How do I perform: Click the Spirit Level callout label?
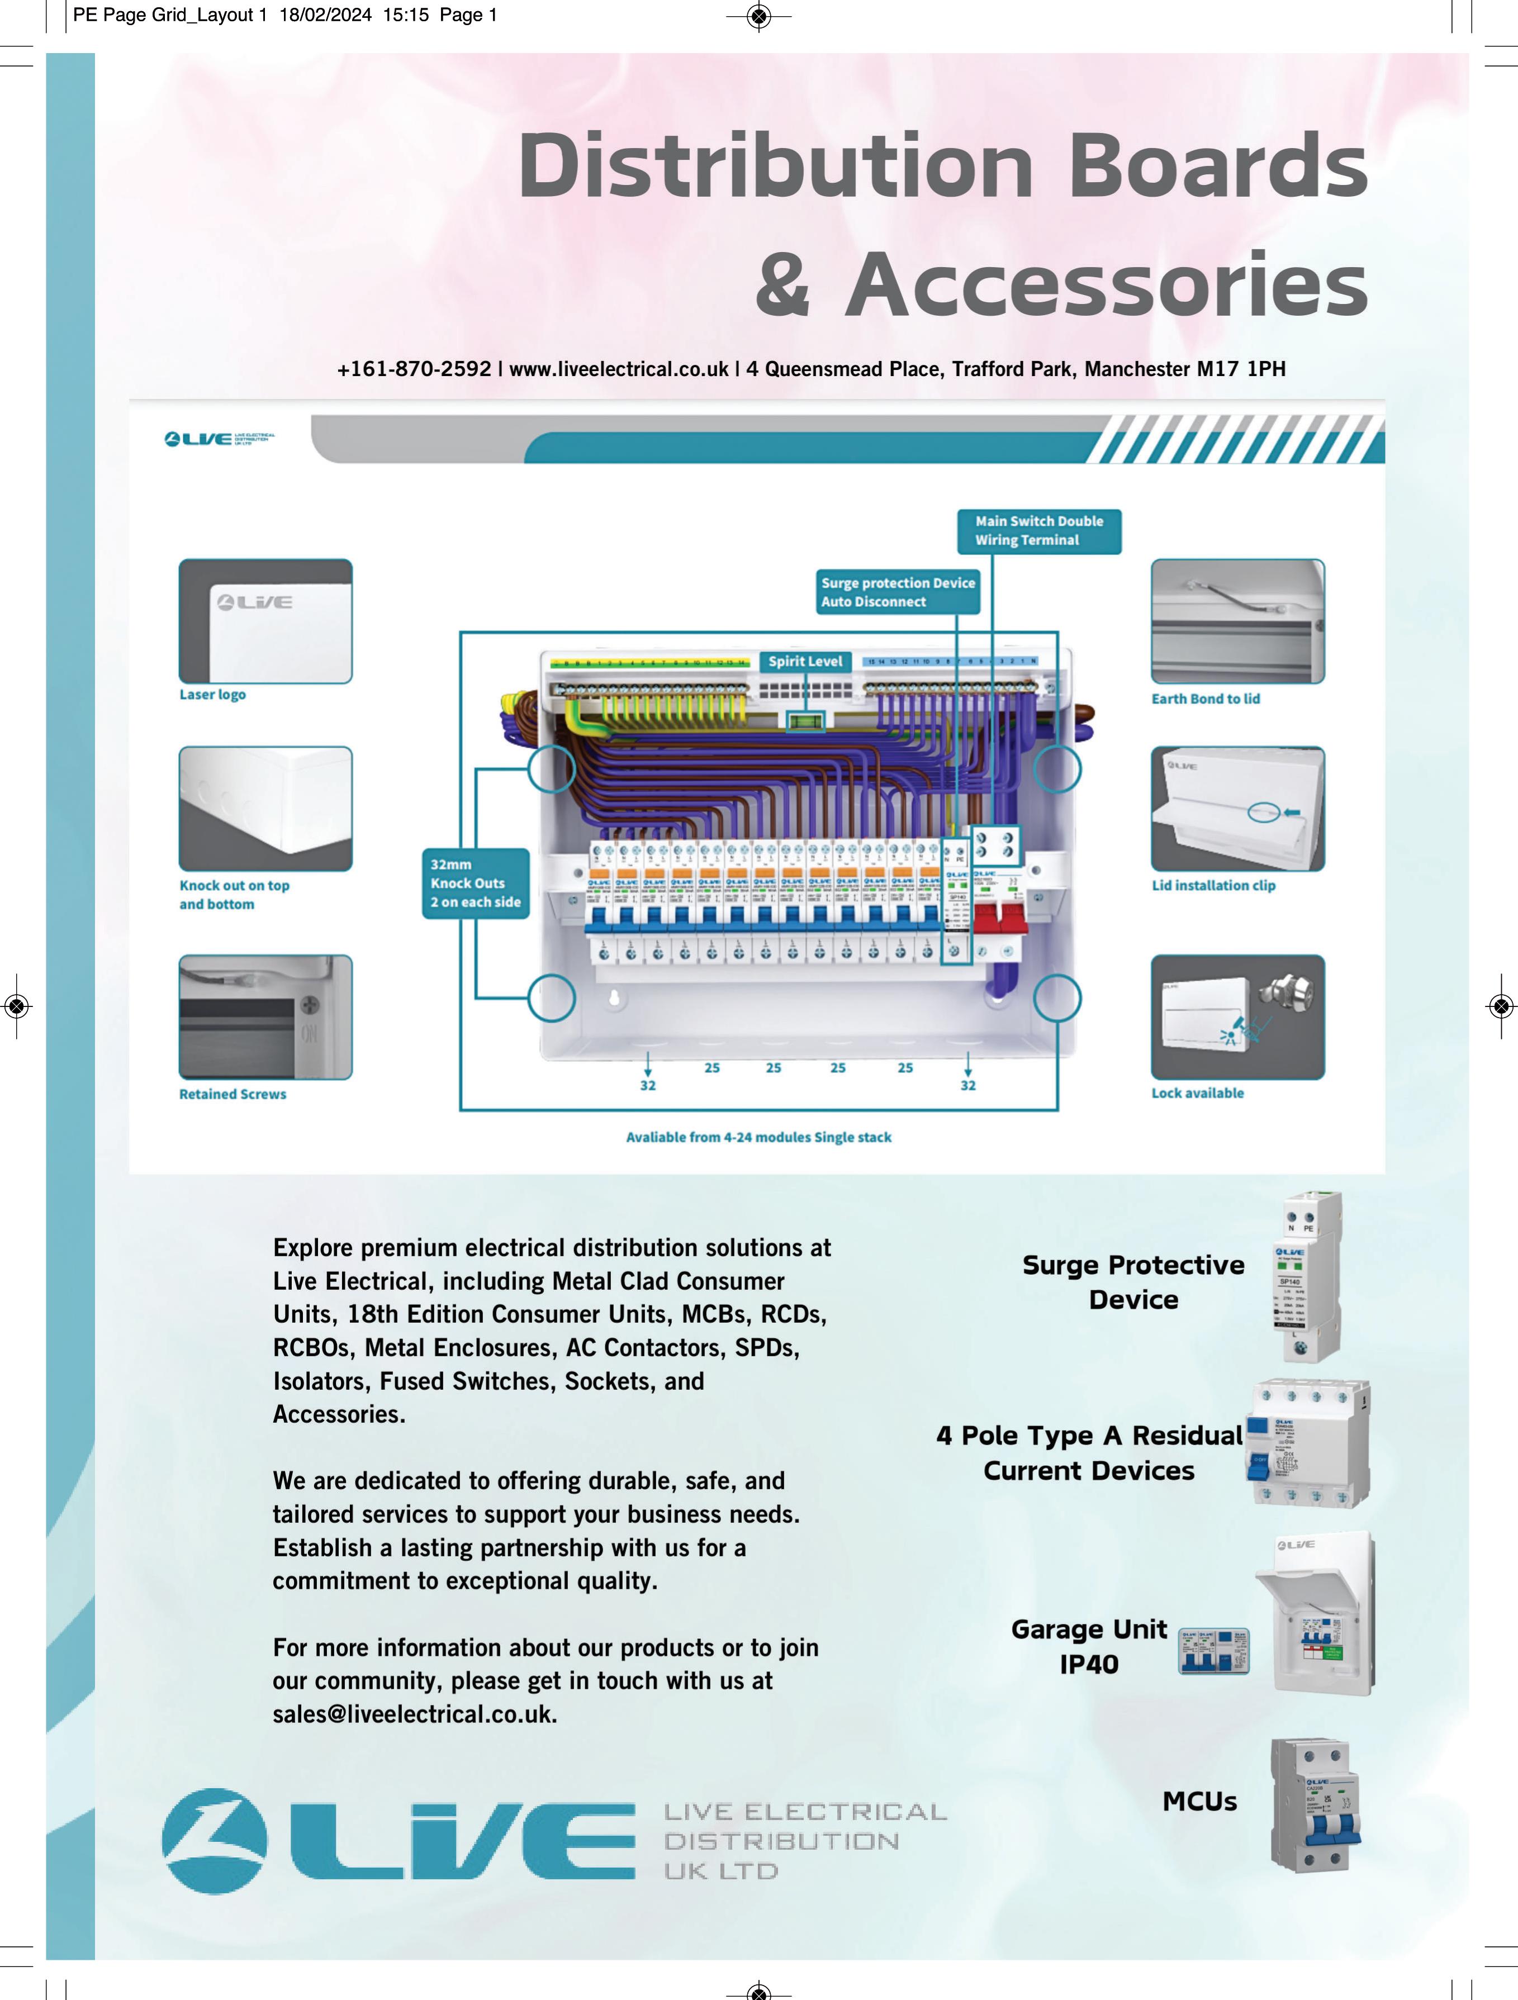(x=805, y=661)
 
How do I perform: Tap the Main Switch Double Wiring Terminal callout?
(x=1039, y=531)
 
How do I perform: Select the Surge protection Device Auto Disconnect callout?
(x=898, y=592)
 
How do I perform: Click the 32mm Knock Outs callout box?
(x=476, y=883)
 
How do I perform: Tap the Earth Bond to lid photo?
(x=1237, y=621)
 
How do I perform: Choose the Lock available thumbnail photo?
(x=1237, y=1017)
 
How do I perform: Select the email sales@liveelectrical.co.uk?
(x=415, y=1714)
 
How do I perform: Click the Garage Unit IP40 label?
(x=1089, y=1646)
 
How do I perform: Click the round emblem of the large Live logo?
(x=214, y=1841)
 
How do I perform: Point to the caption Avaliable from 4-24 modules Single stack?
(x=758, y=1137)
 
